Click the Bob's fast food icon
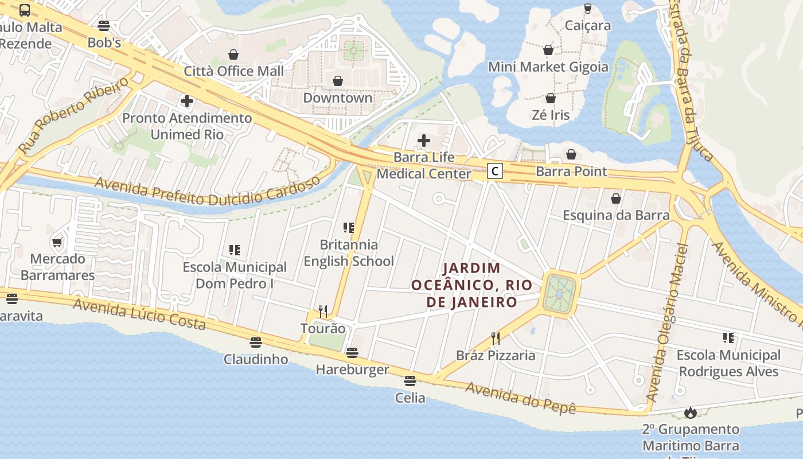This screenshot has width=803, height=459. click(x=103, y=25)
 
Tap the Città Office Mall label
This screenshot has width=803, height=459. click(x=233, y=71)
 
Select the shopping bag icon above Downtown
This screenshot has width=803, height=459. click(x=338, y=81)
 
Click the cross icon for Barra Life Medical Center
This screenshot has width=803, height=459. click(x=424, y=140)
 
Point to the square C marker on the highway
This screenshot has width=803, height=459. click(x=495, y=171)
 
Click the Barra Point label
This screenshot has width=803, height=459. click(x=571, y=172)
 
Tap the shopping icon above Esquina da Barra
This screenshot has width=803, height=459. click(x=616, y=199)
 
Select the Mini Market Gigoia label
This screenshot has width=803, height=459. click(x=548, y=67)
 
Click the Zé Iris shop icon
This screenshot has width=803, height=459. click(x=551, y=98)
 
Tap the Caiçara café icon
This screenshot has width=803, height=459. click(x=587, y=9)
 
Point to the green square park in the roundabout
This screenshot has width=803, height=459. click(x=559, y=293)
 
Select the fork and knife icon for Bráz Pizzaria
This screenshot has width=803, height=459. click(x=495, y=339)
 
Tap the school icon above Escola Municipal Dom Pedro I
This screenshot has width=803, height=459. click(x=235, y=250)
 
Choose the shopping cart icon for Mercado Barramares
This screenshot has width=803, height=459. click(x=57, y=242)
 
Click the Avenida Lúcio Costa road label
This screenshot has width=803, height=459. click(x=139, y=314)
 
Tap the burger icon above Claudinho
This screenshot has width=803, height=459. click(x=256, y=343)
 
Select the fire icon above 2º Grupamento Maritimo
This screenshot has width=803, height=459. click(x=691, y=413)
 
